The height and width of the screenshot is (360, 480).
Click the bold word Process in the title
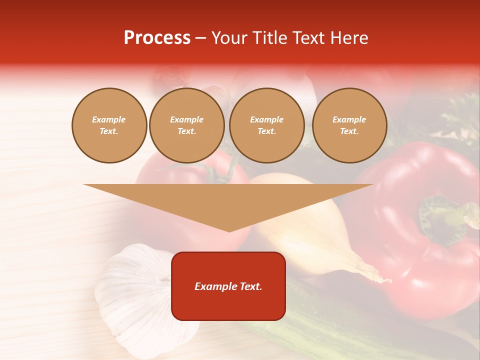157,38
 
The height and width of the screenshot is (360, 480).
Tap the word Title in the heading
268,38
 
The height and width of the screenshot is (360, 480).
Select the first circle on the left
109,125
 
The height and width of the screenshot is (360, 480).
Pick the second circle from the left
187,125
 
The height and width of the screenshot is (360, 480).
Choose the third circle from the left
266,125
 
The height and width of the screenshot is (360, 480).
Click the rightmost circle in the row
349,125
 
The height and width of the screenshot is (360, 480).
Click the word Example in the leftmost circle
109,120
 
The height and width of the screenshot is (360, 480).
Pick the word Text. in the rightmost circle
349,131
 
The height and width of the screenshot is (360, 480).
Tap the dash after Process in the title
200,38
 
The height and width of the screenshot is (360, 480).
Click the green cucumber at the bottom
320,325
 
